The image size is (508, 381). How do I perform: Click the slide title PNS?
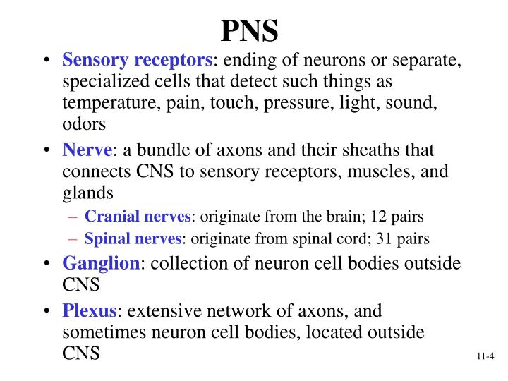pyautogui.click(x=250, y=30)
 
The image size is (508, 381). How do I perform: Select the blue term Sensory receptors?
pyautogui.click(x=138, y=61)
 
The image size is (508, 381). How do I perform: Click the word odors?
pyautogui.click(x=83, y=124)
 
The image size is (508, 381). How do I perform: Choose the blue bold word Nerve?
pyautogui.click(x=87, y=150)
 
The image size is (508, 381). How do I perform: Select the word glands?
pyautogui.click(x=87, y=193)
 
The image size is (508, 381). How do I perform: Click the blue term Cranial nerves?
pyautogui.click(x=137, y=217)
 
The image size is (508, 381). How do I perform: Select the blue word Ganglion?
pyautogui.click(x=101, y=264)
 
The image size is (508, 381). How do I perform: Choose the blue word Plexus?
pyautogui.click(x=90, y=311)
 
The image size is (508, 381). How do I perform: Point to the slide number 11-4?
pyautogui.click(x=485, y=357)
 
